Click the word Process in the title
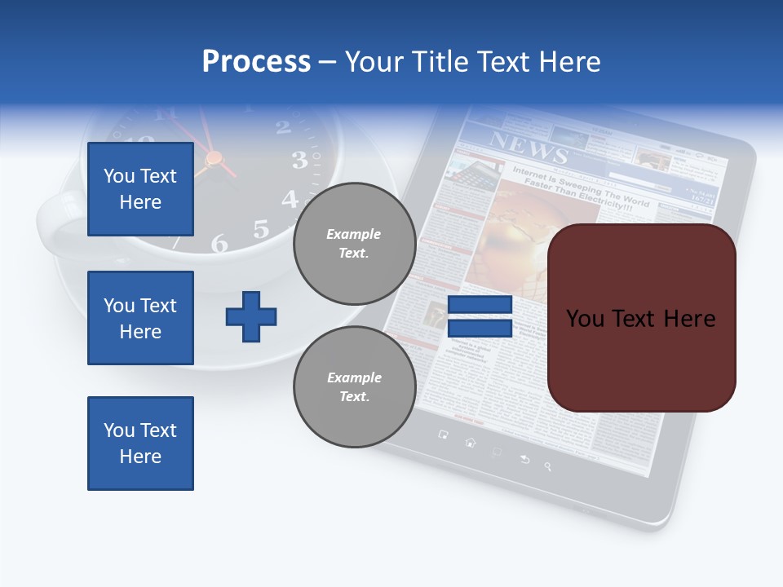[256, 62]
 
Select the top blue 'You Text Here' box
[140, 189]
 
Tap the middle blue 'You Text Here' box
[140, 318]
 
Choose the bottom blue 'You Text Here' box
[140, 444]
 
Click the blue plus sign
[251, 316]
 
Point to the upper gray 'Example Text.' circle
[354, 243]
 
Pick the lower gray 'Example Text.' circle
[354, 386]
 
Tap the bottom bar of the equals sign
[480, 328]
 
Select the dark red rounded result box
[641, 318]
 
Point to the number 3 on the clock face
[299, 160]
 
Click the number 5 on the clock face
[260, 229]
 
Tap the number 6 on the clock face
[219, 243]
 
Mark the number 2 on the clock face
[283, 126]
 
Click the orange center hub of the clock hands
[214, 157]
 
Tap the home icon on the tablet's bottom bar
[470, 443]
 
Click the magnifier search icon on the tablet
[548, 466]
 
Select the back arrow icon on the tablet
[524, 460]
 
